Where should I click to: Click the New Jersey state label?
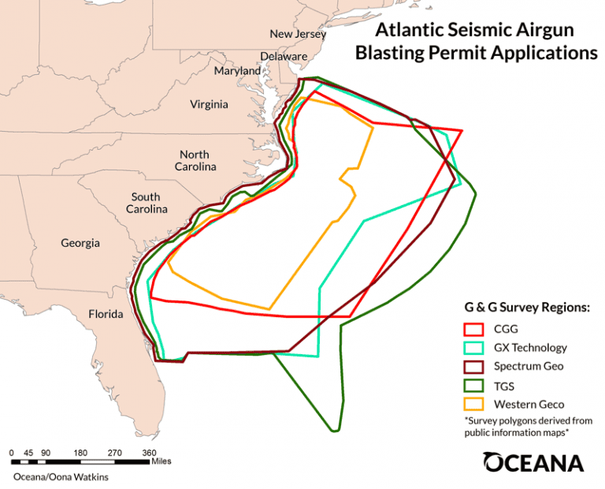[x=297, y=34]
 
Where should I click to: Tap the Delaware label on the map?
[x=284, y=57]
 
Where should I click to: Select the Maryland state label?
[x=237, y=71]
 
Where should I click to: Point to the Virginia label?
[x=209, y=104]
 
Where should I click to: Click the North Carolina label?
[x=194, y=161]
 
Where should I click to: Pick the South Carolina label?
[x=146, y=203]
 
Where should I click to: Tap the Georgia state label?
[x=80, y=243]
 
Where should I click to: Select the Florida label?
[x=106, y=315]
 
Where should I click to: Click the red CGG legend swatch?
[x=473, y=330]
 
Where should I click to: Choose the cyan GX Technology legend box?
[x=473, y=348]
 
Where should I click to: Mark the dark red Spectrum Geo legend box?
[x=473, y=367]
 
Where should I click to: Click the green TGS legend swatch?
[x=473, y=386]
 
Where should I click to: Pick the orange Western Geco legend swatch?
[x=473, y=405]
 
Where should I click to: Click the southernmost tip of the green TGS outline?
[x=336, y=431]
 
